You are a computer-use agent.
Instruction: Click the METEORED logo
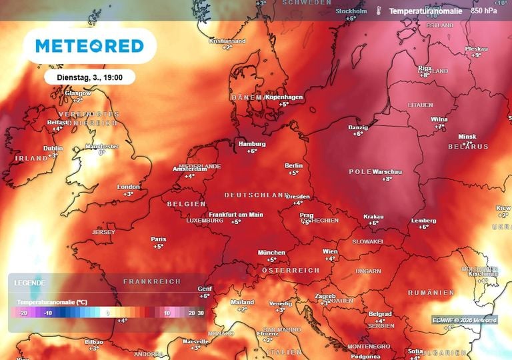point(89,46)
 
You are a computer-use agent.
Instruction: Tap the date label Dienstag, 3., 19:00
point(90,77)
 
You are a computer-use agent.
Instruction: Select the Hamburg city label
point(252,143)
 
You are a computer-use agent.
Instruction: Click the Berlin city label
point(293,165)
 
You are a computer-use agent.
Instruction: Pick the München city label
point(271,252)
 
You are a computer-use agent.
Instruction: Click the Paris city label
point(159,238)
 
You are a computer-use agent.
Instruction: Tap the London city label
point(129,187)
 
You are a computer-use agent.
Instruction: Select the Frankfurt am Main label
point(236,214)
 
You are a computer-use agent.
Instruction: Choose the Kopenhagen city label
point(285,97)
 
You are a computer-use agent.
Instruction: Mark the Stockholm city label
point(351,11)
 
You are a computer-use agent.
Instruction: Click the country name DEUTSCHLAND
point(256,195)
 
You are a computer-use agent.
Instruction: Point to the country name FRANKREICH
point(152,282)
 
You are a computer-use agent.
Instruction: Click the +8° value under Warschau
point(387,179)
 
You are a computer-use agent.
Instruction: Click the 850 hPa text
point(484,11)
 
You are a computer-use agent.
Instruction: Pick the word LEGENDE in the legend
point(30,283)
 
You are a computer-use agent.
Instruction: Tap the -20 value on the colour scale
point(23,312)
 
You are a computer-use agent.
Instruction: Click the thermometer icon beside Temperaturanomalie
point(378,11)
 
